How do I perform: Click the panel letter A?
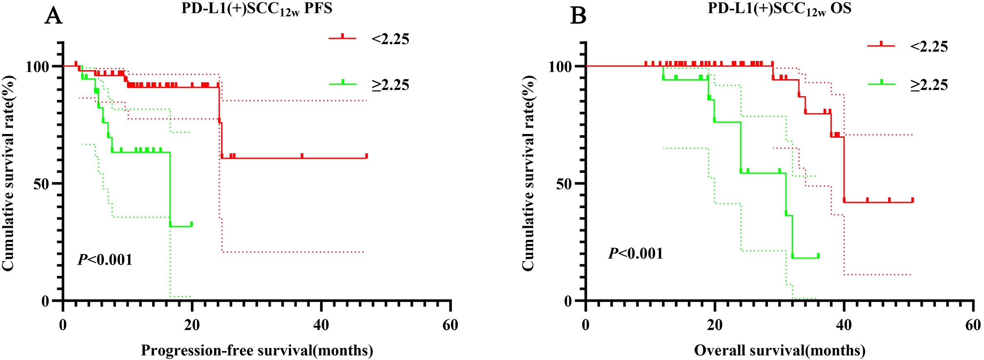tap(53, 16)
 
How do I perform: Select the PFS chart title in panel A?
tap(257, 9)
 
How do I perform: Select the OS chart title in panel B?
tap(779, 9)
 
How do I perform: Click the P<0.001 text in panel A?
tap(105, 260)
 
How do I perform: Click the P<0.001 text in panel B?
tap(636, 253)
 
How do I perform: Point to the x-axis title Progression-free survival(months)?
tap(257, 351)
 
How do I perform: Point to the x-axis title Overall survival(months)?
tap(779, 351)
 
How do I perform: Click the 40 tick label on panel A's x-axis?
tap(321, 325)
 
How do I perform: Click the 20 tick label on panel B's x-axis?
tap(715, 325)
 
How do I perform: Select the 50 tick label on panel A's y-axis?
tap(41, 184)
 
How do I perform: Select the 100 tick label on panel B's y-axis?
tap(560, 67)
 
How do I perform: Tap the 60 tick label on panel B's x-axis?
tap(973, 325)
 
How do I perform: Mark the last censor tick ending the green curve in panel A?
tap(191, 224)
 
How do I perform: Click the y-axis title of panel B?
tap(529, 173)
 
